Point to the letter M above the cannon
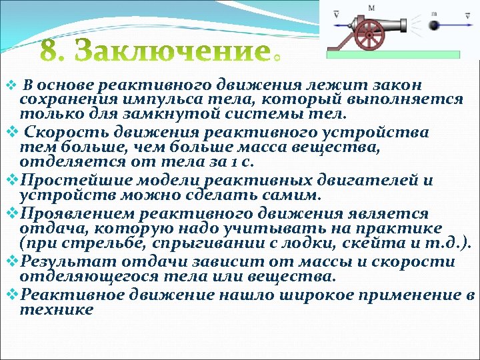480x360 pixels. click(371, 7)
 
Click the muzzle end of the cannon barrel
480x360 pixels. click(405, 25)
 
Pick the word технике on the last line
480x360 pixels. click(57, 309)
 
